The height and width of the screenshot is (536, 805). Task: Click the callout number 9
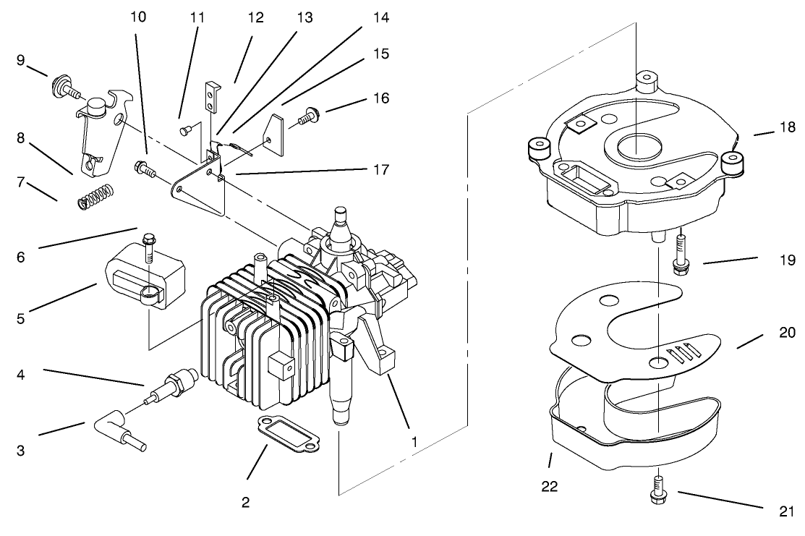22,61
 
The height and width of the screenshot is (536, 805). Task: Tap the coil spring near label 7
95,196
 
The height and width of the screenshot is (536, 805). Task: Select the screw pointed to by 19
681,253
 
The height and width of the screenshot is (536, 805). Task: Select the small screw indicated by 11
186,130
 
